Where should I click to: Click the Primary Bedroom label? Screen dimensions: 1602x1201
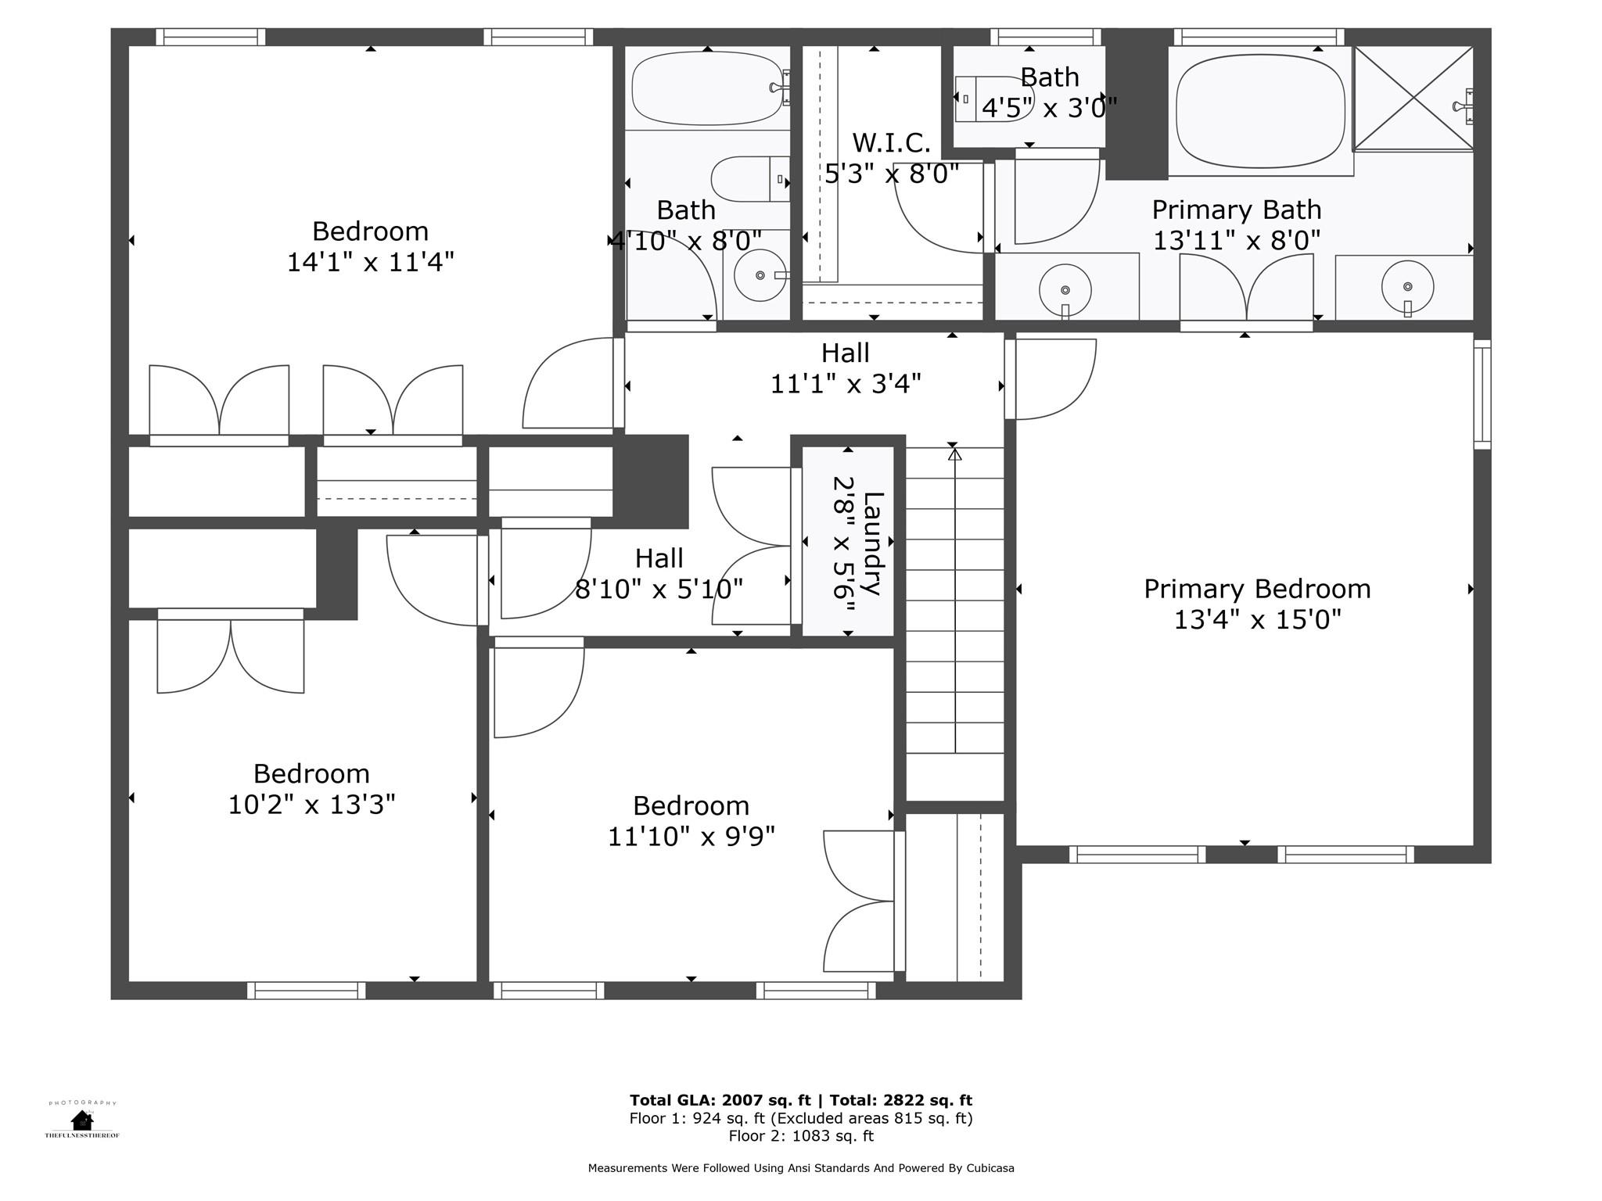point(1257,589)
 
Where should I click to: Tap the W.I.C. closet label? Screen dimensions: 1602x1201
point(891,143)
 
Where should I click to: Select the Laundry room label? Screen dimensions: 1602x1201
point(873,544)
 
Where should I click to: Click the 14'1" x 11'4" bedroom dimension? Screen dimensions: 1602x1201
point(370,261)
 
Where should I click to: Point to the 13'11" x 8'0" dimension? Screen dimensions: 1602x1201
point(1237,240)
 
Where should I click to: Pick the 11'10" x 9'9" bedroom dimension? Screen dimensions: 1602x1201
point(691,837)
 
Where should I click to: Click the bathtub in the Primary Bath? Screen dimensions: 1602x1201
point(1261,110)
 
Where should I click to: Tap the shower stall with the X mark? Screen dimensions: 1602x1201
point(1413,98)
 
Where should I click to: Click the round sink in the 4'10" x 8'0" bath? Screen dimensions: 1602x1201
point(760,275)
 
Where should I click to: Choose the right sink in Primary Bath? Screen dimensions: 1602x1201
point(1407,287)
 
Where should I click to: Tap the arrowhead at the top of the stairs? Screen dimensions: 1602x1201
point(954,453)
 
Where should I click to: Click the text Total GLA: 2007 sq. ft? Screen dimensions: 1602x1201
point(720,1101)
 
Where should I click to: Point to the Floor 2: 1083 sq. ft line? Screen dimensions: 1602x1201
point(801,1136)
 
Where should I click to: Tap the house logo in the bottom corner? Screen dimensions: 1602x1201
point(82,1120)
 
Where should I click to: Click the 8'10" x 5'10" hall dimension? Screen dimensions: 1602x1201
point(659,589)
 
